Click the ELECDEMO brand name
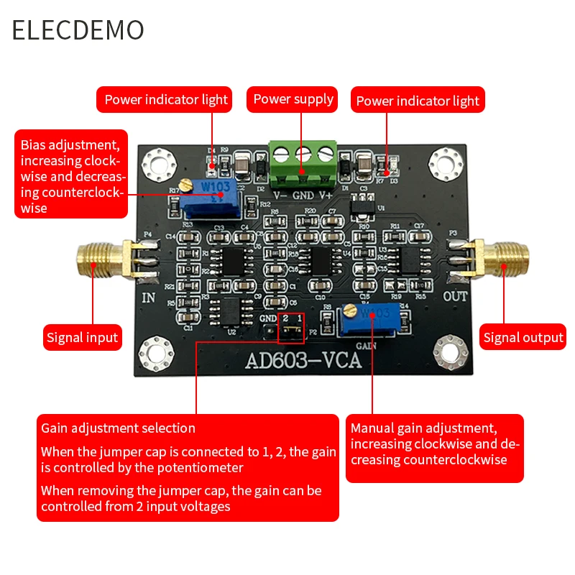click(x=78, y=30)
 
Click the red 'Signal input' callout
click(x=82, y=336)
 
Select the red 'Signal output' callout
click(x=523, y=337)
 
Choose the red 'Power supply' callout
click(x=293, y=99)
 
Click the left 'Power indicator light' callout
click(x=166, y=100)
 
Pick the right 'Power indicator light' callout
click(x=418, y=101)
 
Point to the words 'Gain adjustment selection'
click(x=118, y=428)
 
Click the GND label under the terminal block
click(x=303, y=195)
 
